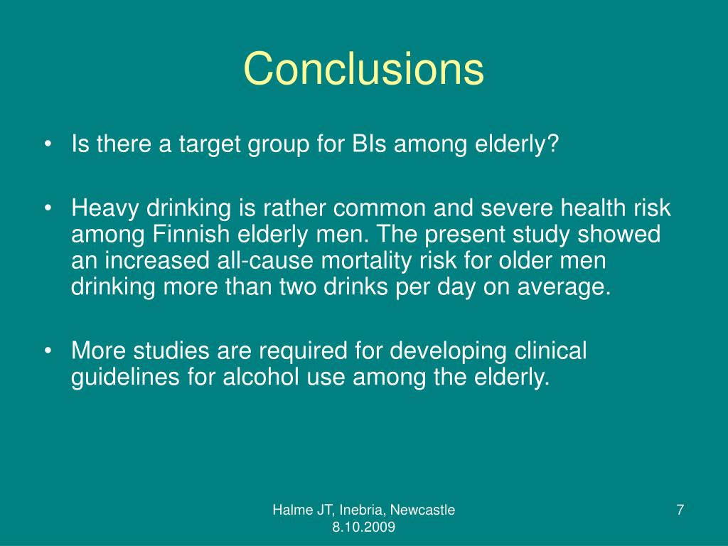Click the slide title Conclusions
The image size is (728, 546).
pos(363,69)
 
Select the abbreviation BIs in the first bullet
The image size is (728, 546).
pos(368,146)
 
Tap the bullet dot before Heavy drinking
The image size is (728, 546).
pos(48,208)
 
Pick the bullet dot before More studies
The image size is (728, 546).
pos(48,351)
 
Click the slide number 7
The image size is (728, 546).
pos(680,510)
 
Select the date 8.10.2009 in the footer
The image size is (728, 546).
pos(363,527)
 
